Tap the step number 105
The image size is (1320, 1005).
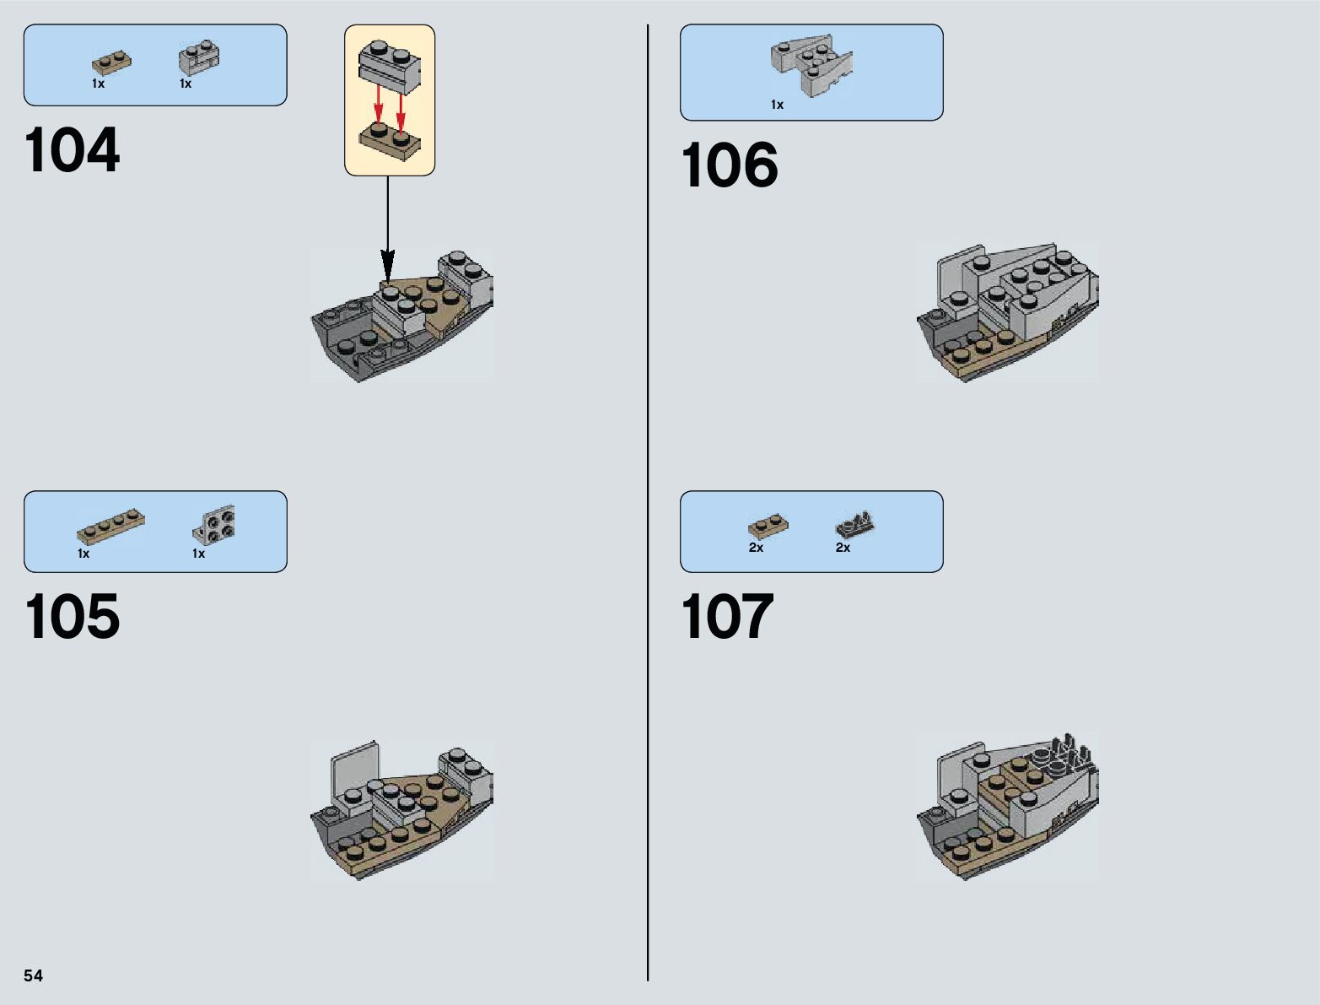[73, 617]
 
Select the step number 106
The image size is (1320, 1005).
[729, 165]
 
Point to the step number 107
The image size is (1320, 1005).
[727, 617]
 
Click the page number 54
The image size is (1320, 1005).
[33, 975]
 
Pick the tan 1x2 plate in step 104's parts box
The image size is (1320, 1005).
[111, 63]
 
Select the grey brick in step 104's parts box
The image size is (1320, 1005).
[199, 58]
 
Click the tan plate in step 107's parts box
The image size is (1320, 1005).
[768, 527]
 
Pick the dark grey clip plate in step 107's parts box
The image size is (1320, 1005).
[855, 525]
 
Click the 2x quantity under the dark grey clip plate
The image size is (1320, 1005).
[843, 548]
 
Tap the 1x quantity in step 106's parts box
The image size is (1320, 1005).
[777, 105]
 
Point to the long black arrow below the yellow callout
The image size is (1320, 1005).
[387, 228]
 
